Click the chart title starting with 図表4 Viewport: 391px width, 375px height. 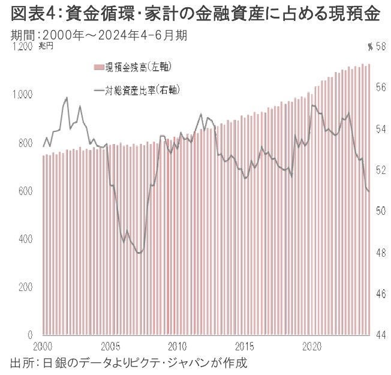pyautogui.click(x=195, y=14)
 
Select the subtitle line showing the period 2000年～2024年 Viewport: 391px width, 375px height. pyautogui.click(x=100, y=35)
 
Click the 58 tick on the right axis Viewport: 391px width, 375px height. pyautogui.click(x=380, y=47)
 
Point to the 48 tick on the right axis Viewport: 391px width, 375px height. pyautogui.click(x=380, y=253)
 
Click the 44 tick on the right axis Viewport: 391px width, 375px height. pyautogui.click(x=380, y=335)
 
